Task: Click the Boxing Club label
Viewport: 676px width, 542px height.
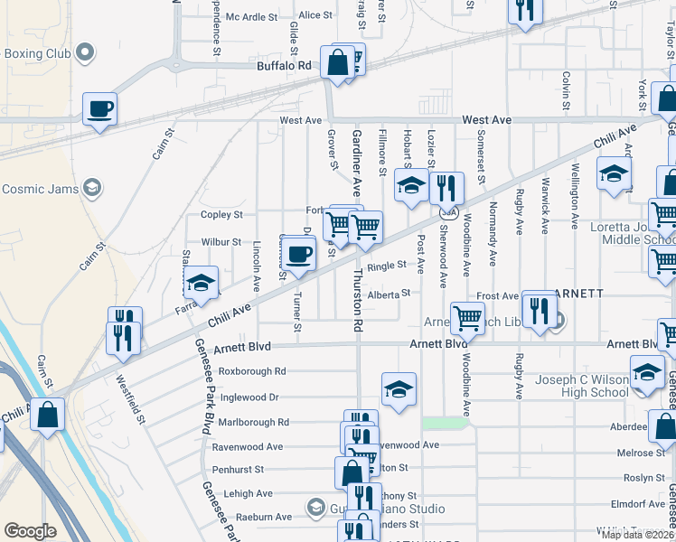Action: tap(38, 52)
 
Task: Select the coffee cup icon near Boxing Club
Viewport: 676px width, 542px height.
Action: tap(100, 109)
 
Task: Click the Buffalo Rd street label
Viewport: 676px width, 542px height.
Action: tap(284, 66)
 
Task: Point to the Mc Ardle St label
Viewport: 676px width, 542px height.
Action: tap(251, 16)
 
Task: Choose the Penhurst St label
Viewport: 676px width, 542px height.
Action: tap(238, 470)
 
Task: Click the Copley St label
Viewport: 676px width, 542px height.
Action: tap(221, 215)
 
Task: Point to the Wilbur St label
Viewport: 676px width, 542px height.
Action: tap(221, 242)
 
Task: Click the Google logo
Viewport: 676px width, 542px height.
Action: tap(30, 531)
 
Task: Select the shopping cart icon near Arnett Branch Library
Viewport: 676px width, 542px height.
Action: tap(467, 317)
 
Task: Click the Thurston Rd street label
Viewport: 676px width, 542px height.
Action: tap(358, 299)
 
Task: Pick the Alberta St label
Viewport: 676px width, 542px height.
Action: tap(389, 293)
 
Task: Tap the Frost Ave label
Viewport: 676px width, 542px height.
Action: tap(497, 295)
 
